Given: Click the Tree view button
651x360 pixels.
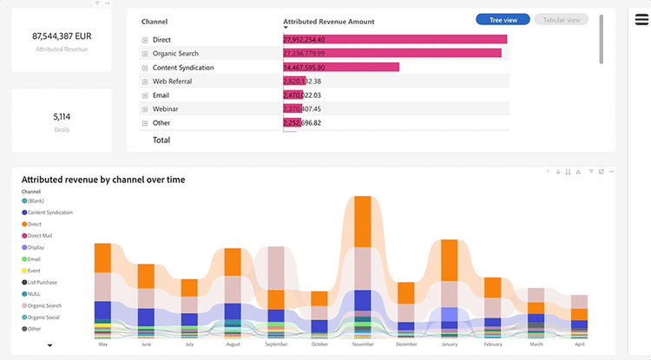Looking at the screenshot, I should [503, 19].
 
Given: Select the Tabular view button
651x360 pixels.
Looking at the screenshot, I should [562, 19].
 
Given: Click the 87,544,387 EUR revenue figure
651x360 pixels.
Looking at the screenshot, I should [61, 36].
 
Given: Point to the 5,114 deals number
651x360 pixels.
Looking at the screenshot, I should [61, 116].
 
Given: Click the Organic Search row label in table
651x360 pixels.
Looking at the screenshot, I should [175, 54].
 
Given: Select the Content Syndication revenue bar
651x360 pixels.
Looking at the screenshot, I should [341, 68].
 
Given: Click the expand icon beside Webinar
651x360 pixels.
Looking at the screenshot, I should [145, 109].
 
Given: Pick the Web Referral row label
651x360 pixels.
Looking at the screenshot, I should [172, 82].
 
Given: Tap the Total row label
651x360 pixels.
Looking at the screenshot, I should [161, 140].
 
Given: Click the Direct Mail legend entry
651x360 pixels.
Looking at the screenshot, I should [39, 235].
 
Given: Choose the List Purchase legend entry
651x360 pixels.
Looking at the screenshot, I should [42, 282].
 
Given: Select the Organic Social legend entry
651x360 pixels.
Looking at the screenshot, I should [43, 317].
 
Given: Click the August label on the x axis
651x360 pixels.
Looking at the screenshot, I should [232, 344].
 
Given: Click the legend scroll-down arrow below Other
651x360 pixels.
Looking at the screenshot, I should [50, 345].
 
